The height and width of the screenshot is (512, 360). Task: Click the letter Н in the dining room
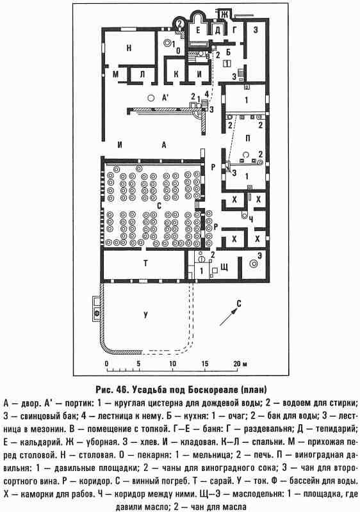tap(129, 48)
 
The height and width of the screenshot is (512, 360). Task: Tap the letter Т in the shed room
tap(145, 263)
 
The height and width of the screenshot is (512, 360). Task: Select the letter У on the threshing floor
tap(145, 314)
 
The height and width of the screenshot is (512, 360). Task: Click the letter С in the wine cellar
tap(160, 205)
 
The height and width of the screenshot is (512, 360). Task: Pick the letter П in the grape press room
tap(247, 138)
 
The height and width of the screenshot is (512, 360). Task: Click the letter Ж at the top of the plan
tap(224, 14)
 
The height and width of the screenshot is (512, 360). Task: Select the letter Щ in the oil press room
tap(224, 268)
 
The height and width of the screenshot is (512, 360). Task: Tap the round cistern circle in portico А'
tap(151, 97)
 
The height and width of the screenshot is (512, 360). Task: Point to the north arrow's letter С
tap(239, 304)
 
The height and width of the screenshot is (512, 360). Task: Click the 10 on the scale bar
tap(172, 364)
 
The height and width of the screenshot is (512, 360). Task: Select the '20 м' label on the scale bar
tap(240, 364)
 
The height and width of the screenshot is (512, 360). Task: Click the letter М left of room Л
tap(116, 74)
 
